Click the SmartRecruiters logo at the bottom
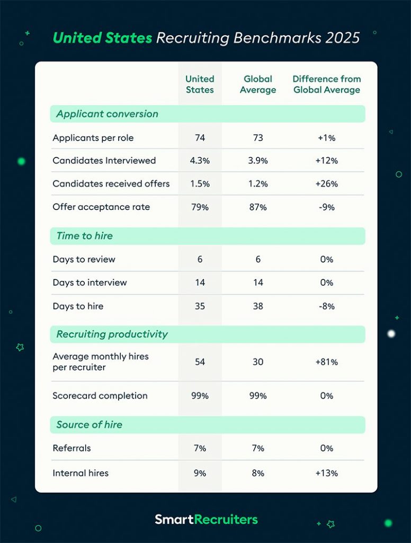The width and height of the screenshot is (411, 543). [x=206, y=519]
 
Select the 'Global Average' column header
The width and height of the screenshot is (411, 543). [x=258, y=84]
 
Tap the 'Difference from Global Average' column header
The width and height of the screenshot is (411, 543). [x=326, y=84]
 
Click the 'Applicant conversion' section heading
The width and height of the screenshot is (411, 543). [x=107, y=114]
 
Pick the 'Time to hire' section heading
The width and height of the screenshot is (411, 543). [x=85, y=236]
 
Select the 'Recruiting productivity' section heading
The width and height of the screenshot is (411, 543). [x=112, y=334]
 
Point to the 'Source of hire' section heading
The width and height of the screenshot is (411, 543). [x=89, y=424]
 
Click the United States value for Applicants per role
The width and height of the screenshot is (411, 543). [x=200, y=138]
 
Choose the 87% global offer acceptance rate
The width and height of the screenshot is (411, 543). [x=258, y=207]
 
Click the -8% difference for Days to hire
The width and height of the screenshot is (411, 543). [x=326, y=306]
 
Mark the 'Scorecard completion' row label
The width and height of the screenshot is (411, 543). [x=100, y=396]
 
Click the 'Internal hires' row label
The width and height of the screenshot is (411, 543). [x=81, y=473]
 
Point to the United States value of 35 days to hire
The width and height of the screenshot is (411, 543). [x=200, y=306]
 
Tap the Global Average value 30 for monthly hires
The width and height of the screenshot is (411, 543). [x=258, y=362]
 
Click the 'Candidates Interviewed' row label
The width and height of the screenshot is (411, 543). [x=104, y=161]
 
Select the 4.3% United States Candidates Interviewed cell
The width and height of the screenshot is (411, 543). [x=200, y=161]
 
